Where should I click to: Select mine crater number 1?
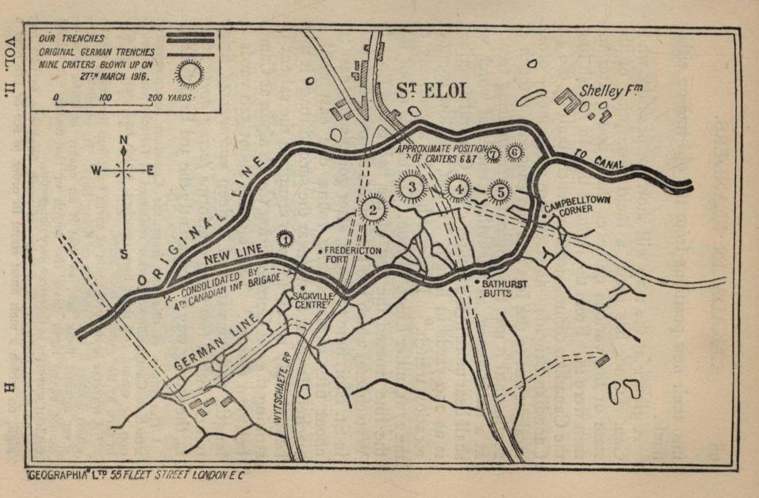click(x=283, y=236)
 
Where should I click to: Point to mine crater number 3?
click(x=412, y=187)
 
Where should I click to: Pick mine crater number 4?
click(x=458, y=189)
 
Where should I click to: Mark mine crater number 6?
click(x=515, y=151)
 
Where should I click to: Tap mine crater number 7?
click(x=493, y=153)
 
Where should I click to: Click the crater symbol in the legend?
click(x=190, y=74)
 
